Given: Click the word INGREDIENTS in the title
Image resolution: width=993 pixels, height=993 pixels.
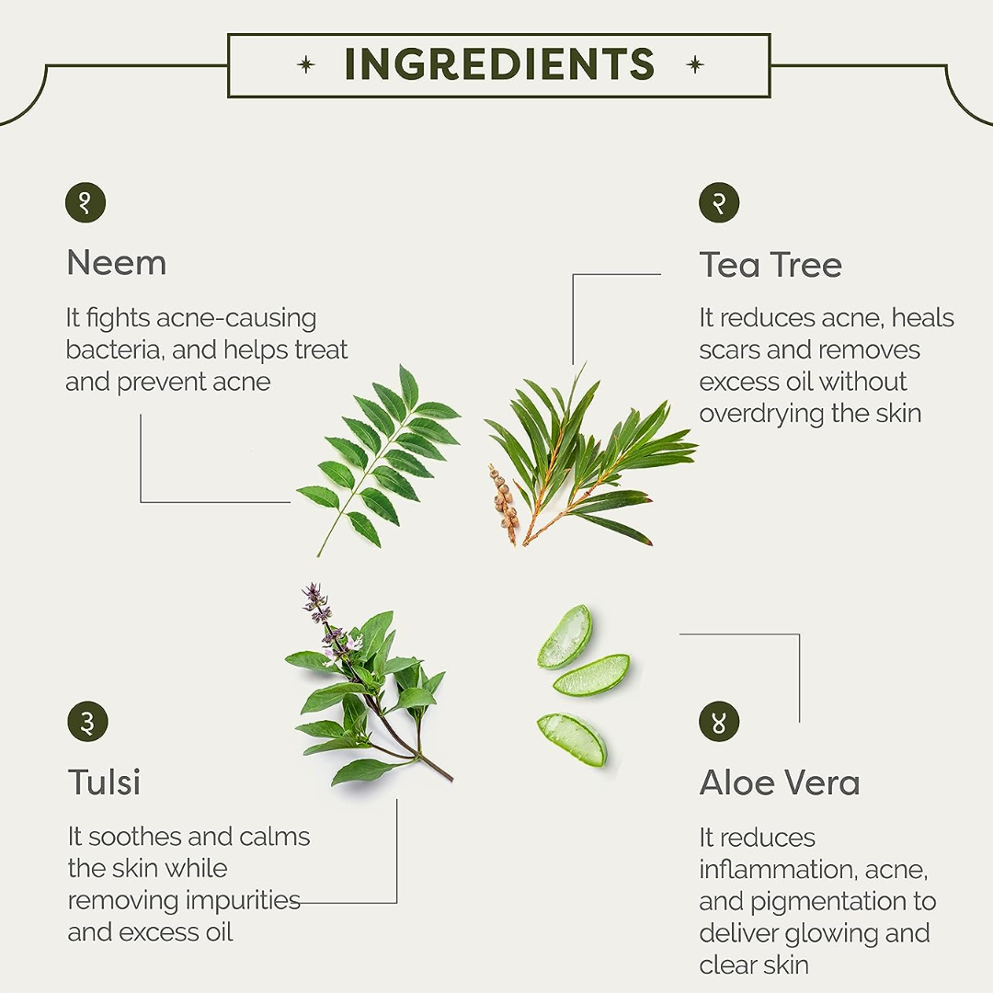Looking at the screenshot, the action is pos(499,64).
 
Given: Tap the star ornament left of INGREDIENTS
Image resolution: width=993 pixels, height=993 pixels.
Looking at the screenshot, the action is pos(306,64).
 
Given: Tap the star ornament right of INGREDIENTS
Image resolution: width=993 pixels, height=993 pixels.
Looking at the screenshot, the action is pos(695,64).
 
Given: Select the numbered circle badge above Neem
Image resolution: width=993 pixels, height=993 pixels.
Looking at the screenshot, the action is pos(86,202).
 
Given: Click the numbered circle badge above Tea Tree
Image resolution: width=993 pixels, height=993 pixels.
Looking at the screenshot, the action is pos(719,202).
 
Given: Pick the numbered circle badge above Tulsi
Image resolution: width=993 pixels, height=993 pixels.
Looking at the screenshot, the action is pos(87,722).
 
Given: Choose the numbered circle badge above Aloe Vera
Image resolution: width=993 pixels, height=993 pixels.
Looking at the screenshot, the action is pos(719,722).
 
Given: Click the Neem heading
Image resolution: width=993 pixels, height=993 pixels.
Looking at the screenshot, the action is pos(117,263).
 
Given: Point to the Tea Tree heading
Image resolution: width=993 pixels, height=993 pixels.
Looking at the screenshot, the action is pos(770,265).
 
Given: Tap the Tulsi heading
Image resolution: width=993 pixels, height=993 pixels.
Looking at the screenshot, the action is pos(105,782).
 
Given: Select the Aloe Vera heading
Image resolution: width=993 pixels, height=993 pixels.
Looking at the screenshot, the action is pos(780,782).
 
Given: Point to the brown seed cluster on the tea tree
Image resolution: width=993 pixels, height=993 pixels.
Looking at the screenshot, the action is pos(504,503).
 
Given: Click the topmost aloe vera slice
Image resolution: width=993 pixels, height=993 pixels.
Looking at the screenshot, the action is pos(565,636).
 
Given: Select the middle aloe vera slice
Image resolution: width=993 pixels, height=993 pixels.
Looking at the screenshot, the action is pos(591,676).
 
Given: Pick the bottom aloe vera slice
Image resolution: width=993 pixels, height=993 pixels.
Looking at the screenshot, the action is pos(573,739).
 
